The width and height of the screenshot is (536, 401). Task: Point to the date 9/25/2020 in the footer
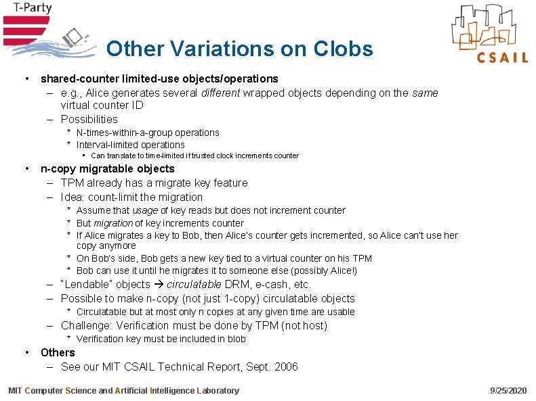[508, 390]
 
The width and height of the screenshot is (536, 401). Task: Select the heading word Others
[58, 352]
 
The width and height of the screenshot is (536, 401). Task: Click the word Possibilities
[89, 119]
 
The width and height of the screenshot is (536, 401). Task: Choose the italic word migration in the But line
[112, 223]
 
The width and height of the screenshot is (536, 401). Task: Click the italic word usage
[144, 210]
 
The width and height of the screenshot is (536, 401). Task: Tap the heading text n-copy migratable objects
[107, 169]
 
